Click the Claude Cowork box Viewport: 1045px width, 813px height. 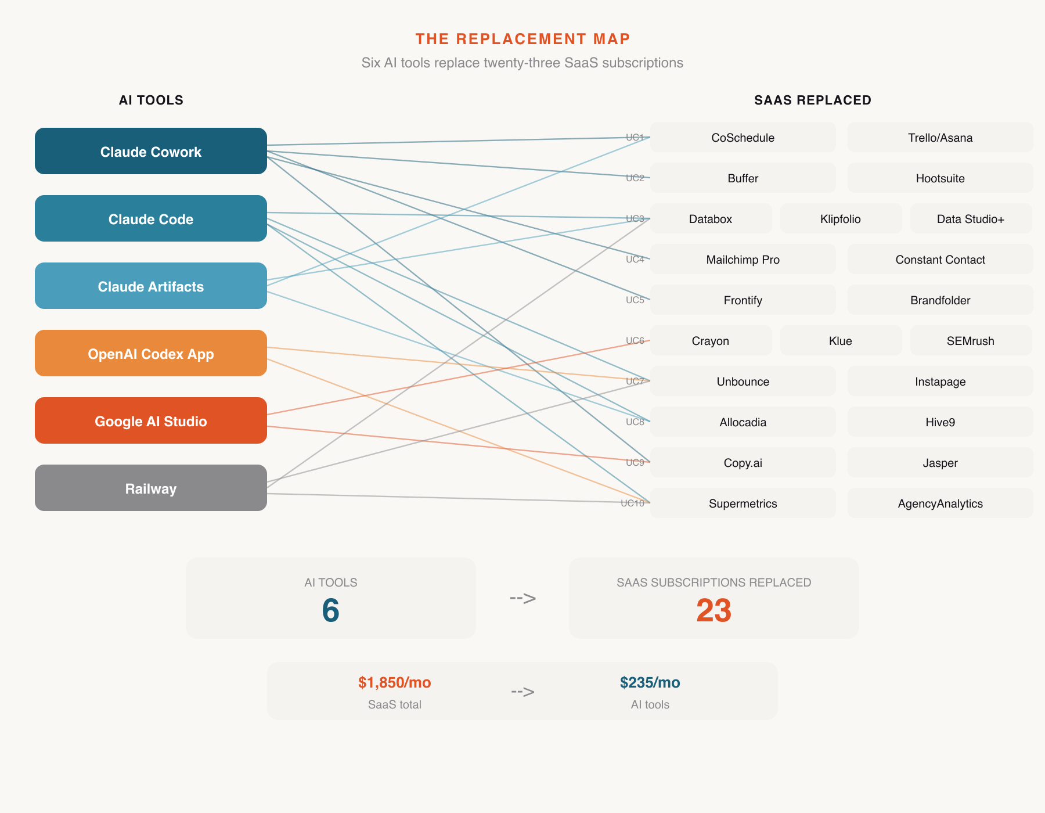click(x=151, y=151)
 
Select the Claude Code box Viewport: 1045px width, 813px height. click(x=151, y=218)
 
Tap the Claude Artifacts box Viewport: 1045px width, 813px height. click(x=151, y=286)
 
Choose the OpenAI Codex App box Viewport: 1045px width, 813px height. click(x=151, y=353)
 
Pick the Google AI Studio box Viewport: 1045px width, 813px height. click(x=151, y=420)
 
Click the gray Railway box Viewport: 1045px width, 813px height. click(x=151, y=488)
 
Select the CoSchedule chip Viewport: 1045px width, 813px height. click(x=743, y=138)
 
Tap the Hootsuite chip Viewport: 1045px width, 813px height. click(x=940, y=178)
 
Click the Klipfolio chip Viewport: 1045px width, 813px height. click(x=840, y=219)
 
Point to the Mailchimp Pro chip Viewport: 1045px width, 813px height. click(x=743, y=260)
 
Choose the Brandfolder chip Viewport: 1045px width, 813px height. click(x=940, y=300)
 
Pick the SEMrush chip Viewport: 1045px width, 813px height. click(x=970, y=341)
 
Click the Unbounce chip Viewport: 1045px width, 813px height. click(x=743, y=382)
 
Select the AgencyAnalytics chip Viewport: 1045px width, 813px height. click(x=940, y=503)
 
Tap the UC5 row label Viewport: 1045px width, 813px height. click(x=635, y=300)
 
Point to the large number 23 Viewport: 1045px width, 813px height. click(x=714, y=610)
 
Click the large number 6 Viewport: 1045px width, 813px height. click(x=330, y=610)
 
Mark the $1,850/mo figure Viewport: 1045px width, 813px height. click(x=394, y=682)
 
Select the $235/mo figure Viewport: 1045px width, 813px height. click(x=650, y=682)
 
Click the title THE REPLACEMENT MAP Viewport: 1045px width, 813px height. click(x=522, y=39)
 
